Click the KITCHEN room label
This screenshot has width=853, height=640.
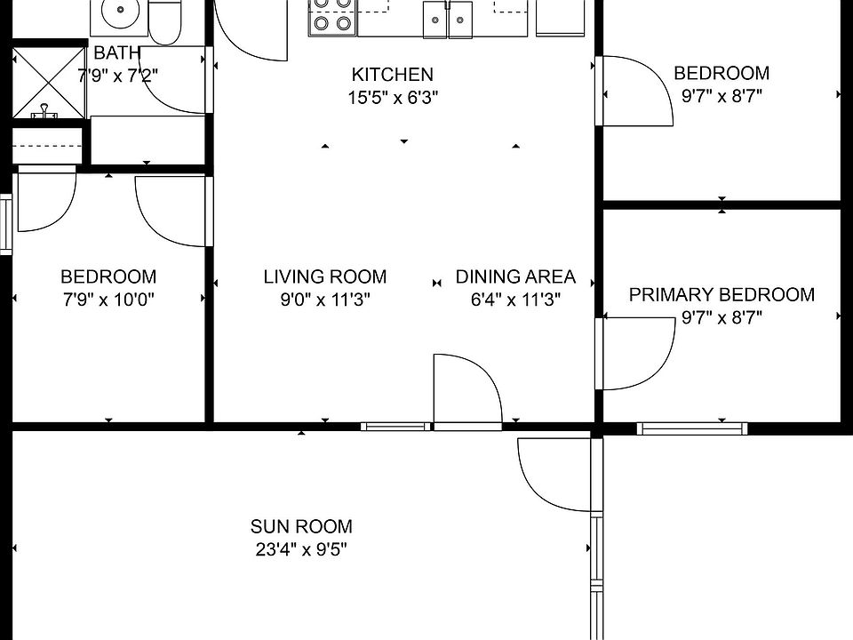tap(392, 74)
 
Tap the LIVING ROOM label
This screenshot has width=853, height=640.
tap(325, 276)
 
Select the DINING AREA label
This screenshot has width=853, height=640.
tap(515, 276)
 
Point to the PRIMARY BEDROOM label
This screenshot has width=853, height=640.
tap(721, 294)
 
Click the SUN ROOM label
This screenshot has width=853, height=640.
tap(301, 526)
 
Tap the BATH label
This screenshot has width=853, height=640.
tap(117, 52)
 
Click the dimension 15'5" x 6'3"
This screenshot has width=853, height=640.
tap(393, 98)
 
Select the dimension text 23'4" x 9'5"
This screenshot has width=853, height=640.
tap(301, 549)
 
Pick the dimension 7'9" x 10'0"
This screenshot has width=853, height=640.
tap(108, 300)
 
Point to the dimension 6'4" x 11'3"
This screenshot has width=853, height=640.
tap(515, 300)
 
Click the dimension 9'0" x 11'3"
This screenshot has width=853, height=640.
tap(325, 300)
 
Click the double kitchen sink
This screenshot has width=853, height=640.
tap(448, 20)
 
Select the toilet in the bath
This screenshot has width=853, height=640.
tap(165, 21)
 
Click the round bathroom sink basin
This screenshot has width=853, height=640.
tap(120, 11)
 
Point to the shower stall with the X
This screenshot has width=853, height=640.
tap(49, 83)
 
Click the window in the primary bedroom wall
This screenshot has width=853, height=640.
tap(692, 428)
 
